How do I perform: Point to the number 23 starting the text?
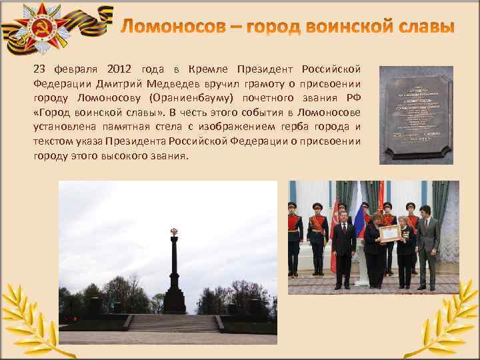pyautogui.click(x=40, y=69)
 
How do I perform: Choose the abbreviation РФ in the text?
pyautogui.click(x=353, y=98)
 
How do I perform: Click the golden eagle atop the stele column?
pyautogui.click(x=174, y=233)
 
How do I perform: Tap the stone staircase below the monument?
pyautogui.click(x=173, y=323)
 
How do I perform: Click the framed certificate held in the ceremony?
pyautogui.click(x=389, y=232)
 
